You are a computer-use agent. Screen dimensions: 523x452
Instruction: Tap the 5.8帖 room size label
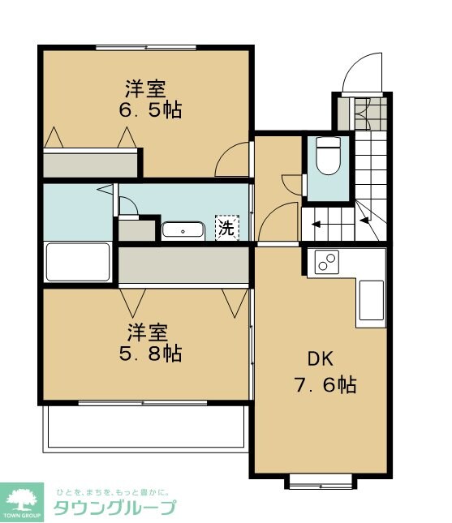(153, 354)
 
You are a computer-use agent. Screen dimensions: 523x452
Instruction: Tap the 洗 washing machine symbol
(226, 228)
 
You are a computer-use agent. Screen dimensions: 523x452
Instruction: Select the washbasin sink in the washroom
(183, 230)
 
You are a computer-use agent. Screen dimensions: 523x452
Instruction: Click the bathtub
(78, 261)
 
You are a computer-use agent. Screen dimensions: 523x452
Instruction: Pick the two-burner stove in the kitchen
(327, 263)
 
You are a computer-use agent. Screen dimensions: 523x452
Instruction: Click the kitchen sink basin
(372, 301)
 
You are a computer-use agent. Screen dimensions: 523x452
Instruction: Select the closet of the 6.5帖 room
(90, 165)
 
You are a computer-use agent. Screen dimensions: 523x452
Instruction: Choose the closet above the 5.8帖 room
(183, 264)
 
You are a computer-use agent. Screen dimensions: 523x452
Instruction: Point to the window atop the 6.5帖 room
(145, 47)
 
